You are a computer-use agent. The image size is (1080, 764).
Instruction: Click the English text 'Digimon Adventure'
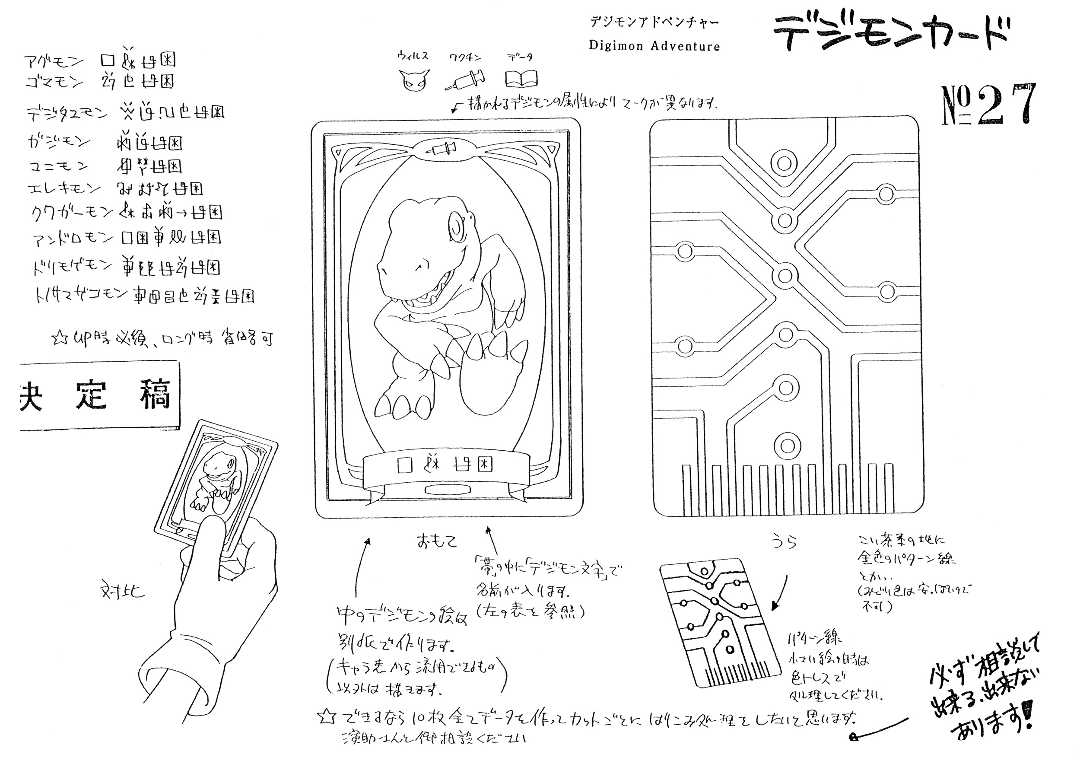point(654,46)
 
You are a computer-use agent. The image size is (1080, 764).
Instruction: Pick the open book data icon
point(521,79)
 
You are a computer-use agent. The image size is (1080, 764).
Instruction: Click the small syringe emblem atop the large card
point(441,150)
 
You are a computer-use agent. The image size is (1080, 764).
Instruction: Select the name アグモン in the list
point(54,61)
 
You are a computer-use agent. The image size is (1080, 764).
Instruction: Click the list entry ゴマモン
point(54,83)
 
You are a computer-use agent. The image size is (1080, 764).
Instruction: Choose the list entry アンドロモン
point(73,239)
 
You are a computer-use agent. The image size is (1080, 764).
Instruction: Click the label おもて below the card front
point(436,541)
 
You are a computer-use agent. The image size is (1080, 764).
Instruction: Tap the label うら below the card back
point(784,542)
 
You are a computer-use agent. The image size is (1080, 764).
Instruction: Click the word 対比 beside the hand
point(122,591)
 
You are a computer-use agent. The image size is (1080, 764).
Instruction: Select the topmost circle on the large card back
point(784,164)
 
